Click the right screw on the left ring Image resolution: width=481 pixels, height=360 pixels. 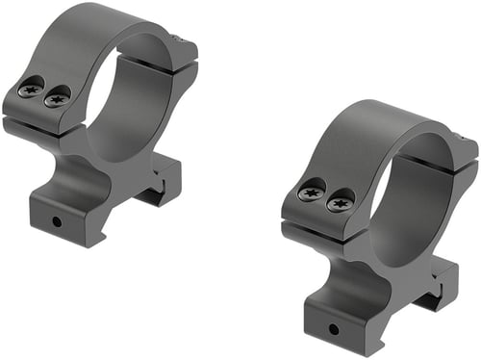coord(58,96)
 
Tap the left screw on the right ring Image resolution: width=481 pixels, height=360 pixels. coord(311,193)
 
